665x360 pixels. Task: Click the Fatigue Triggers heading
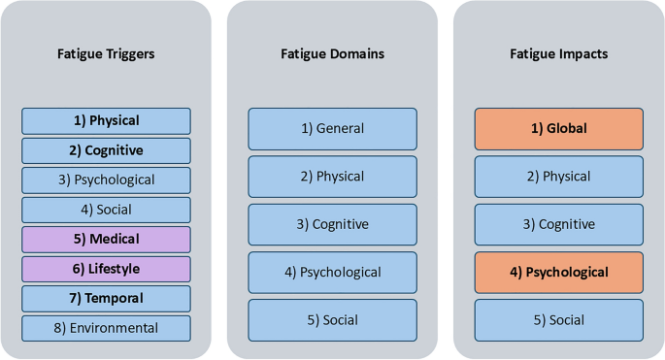point(106,53)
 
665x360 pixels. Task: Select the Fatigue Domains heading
point(332,53)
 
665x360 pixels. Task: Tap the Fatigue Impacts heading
point(558,53)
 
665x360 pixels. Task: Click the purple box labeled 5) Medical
point(106,239)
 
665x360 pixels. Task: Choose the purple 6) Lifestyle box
point(106,269)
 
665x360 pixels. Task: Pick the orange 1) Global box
point(558,128)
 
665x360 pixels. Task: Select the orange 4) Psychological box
point(558,272)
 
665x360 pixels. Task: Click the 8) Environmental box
point(106,328)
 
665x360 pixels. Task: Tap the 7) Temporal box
point(106,298)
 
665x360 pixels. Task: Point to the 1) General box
point(332,128)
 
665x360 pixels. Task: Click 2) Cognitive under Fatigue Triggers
point(106,150)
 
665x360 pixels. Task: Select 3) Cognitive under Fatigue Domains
point(332,224)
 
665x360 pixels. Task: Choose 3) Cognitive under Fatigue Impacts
point(558,224)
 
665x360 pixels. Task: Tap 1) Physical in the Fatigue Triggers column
point(106,120)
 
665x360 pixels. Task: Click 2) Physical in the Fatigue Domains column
point(332,176)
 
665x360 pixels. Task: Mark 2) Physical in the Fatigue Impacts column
point(558,176)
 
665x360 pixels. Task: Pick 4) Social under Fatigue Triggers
point(106,209)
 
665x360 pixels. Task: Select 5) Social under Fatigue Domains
point(332,319)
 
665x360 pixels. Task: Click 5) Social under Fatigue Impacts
point(558,319)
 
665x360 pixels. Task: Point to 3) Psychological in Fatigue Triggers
point(106,180)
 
